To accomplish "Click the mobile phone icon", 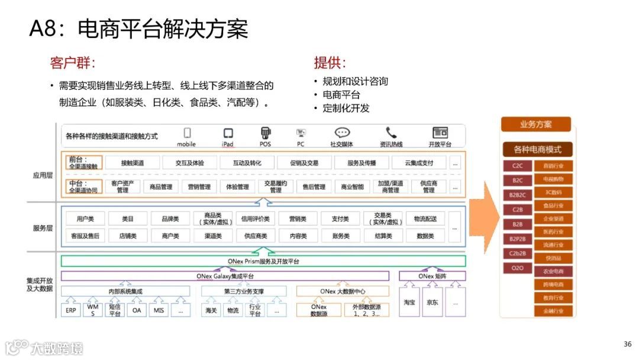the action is (187, 133).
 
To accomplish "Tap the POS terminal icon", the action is (266, 133).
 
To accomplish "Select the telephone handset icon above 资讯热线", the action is (391, 133).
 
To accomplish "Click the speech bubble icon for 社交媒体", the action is (342, 133).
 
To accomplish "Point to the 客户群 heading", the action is (73, 63).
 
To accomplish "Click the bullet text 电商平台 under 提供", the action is (341, 95).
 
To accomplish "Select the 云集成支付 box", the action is (419, 163).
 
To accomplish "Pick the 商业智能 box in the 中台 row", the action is (353, 187).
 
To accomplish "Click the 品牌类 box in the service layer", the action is (170, 218).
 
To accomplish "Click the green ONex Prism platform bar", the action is (263, 261).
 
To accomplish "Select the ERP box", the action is (71, 310).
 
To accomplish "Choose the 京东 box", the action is (432, 303).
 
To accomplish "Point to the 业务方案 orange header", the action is (536, 124).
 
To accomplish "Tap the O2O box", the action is (518, 268).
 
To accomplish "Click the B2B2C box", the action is (518, 195).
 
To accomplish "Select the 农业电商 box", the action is (553, 271).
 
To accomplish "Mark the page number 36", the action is (628, 344).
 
